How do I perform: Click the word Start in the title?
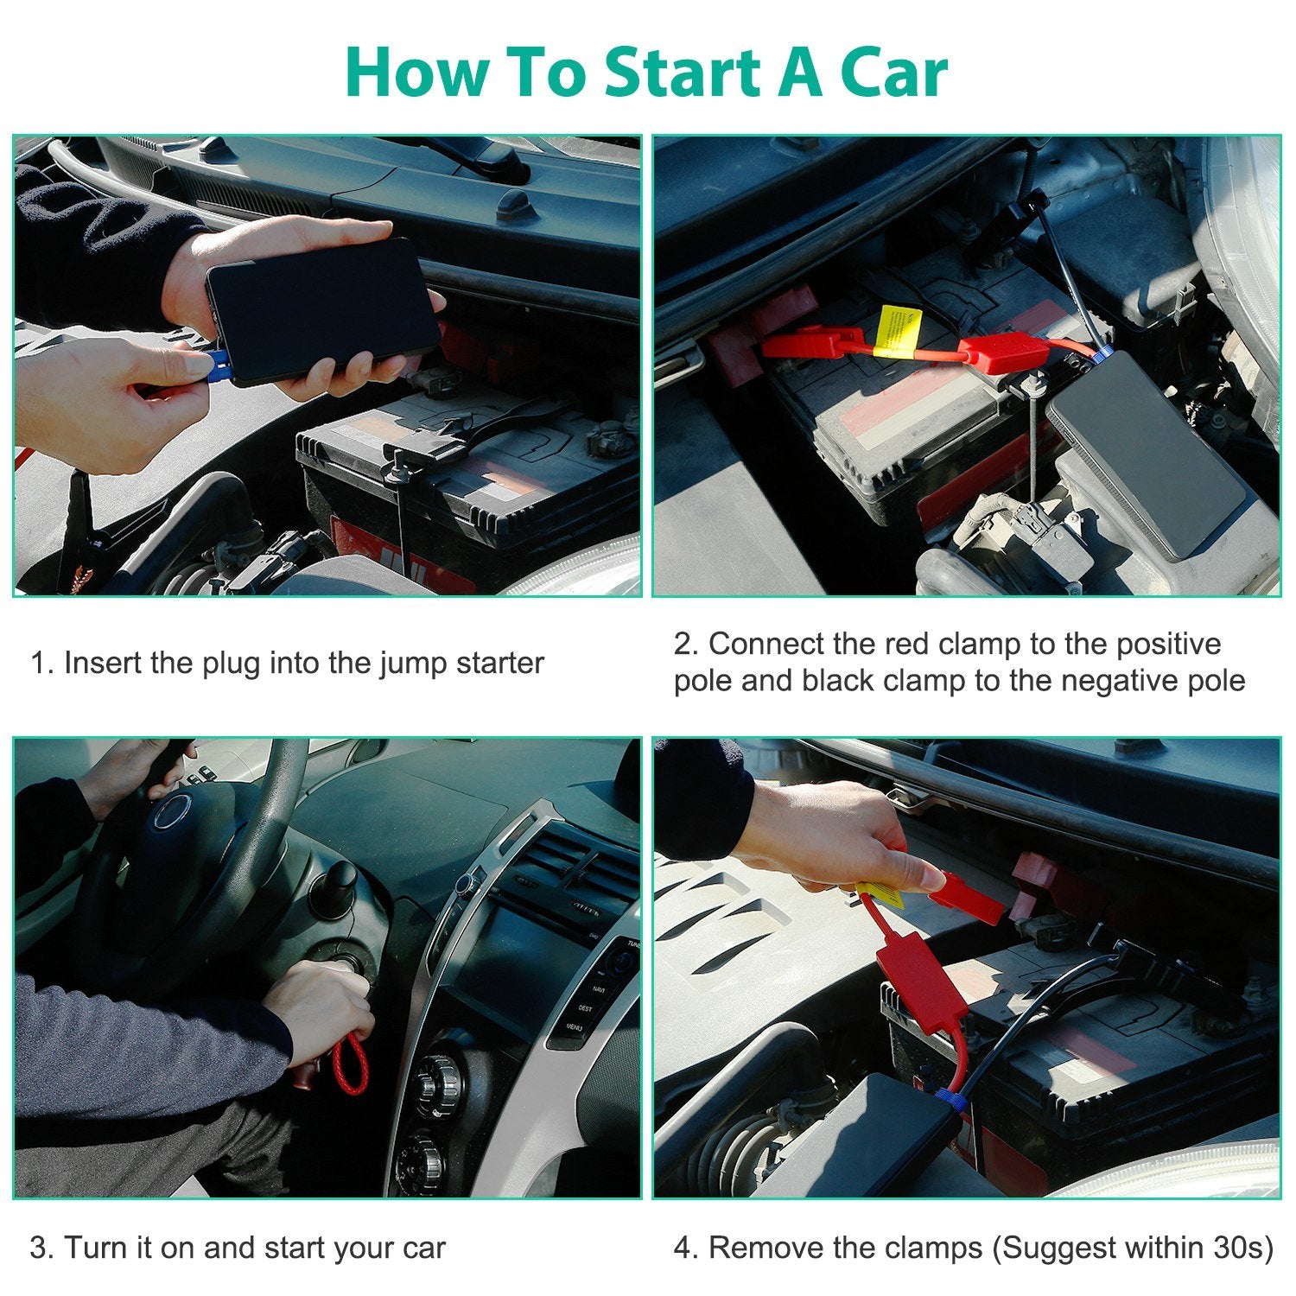click(x=682, y=73)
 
